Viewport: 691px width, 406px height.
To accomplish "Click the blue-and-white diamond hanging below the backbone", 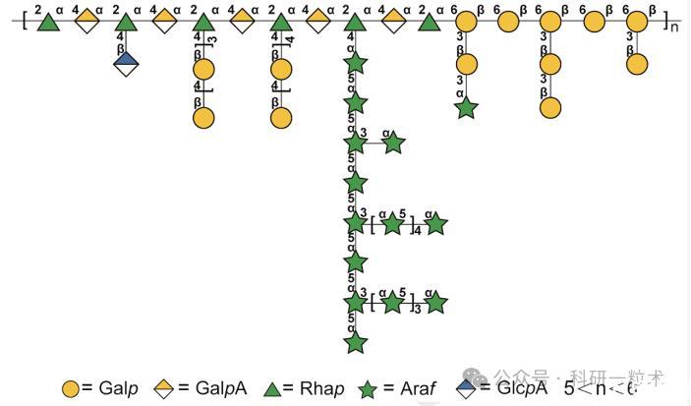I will point(125,64).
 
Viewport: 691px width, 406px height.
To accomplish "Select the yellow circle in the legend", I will point(71,388).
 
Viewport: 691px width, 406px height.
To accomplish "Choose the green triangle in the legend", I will point(274,388).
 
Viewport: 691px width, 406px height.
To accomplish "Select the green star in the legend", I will point(368,388).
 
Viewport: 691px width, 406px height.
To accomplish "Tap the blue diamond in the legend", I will point(470,388).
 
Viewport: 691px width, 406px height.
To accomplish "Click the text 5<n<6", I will point(601,387).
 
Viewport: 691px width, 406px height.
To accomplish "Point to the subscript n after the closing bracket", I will point(674,26).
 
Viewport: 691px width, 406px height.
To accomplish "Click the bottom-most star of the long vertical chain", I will point(356,341).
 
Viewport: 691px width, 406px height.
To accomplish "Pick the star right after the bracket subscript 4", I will point(435,224).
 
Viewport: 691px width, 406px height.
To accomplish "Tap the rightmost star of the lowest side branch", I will point(435,303).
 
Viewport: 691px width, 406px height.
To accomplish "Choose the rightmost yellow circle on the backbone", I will point(637,21).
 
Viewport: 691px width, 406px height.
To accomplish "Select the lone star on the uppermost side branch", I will point(393,144).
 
